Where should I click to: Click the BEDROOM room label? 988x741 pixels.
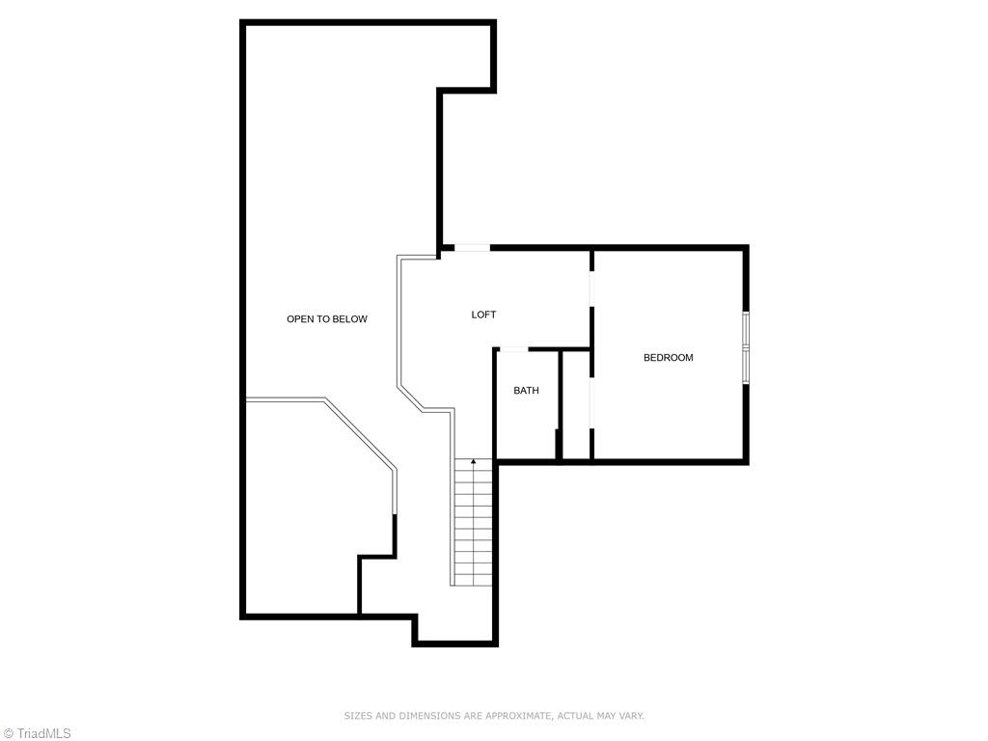click(x=668, y=358)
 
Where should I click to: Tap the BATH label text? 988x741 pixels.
click(x=526, y=391)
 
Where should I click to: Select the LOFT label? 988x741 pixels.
click(x=483, y=315)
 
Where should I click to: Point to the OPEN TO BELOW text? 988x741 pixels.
click(x=326, y=319)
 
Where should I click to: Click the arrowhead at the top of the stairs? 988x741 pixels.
click(x=474, y=462)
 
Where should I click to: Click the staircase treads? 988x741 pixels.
click(x=474, y=526)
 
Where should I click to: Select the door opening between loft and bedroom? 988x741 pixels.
click(x=591, y=280)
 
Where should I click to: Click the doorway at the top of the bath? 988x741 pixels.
click(x=513, y=348)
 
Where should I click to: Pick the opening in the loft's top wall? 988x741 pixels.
click(x=473, y=249)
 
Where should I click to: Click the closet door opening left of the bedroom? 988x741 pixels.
click(x=591, y=399)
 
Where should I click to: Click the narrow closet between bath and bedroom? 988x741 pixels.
click(x=576, y=405)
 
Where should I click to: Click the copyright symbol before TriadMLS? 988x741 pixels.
click(x=8, y=733)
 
